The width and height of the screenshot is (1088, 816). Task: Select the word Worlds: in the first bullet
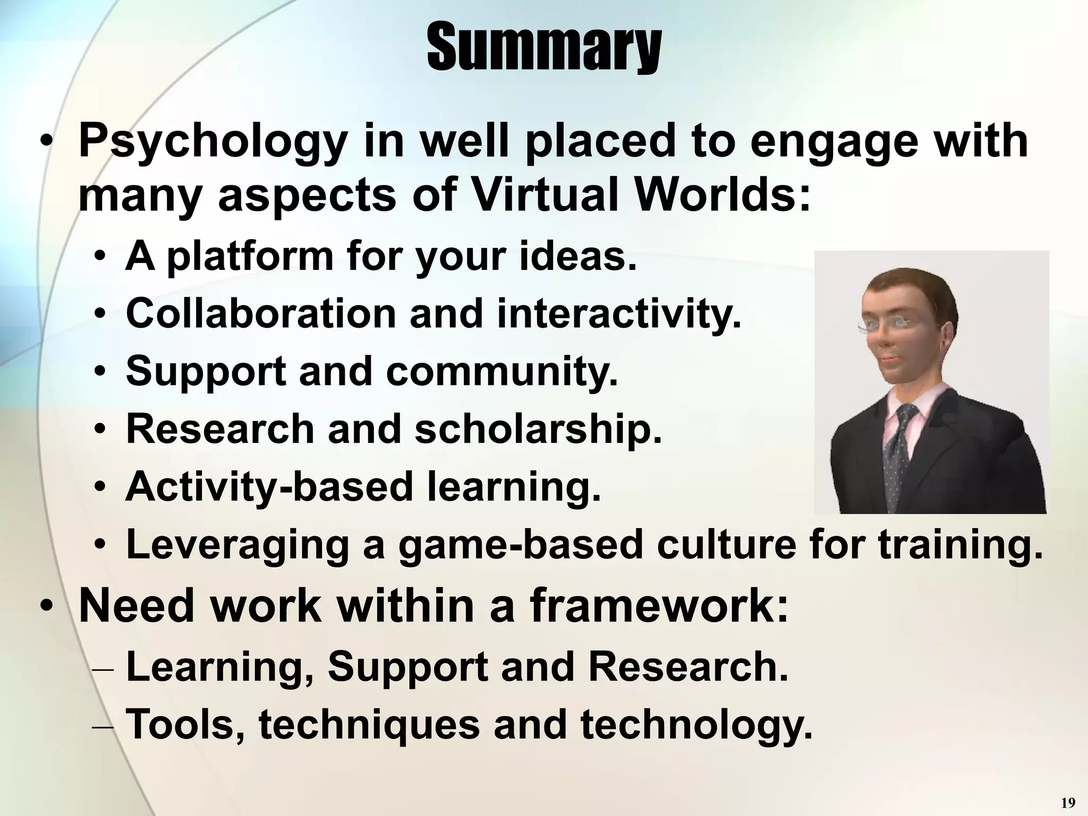[722, 197]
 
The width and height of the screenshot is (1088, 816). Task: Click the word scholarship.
[538, 429]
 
